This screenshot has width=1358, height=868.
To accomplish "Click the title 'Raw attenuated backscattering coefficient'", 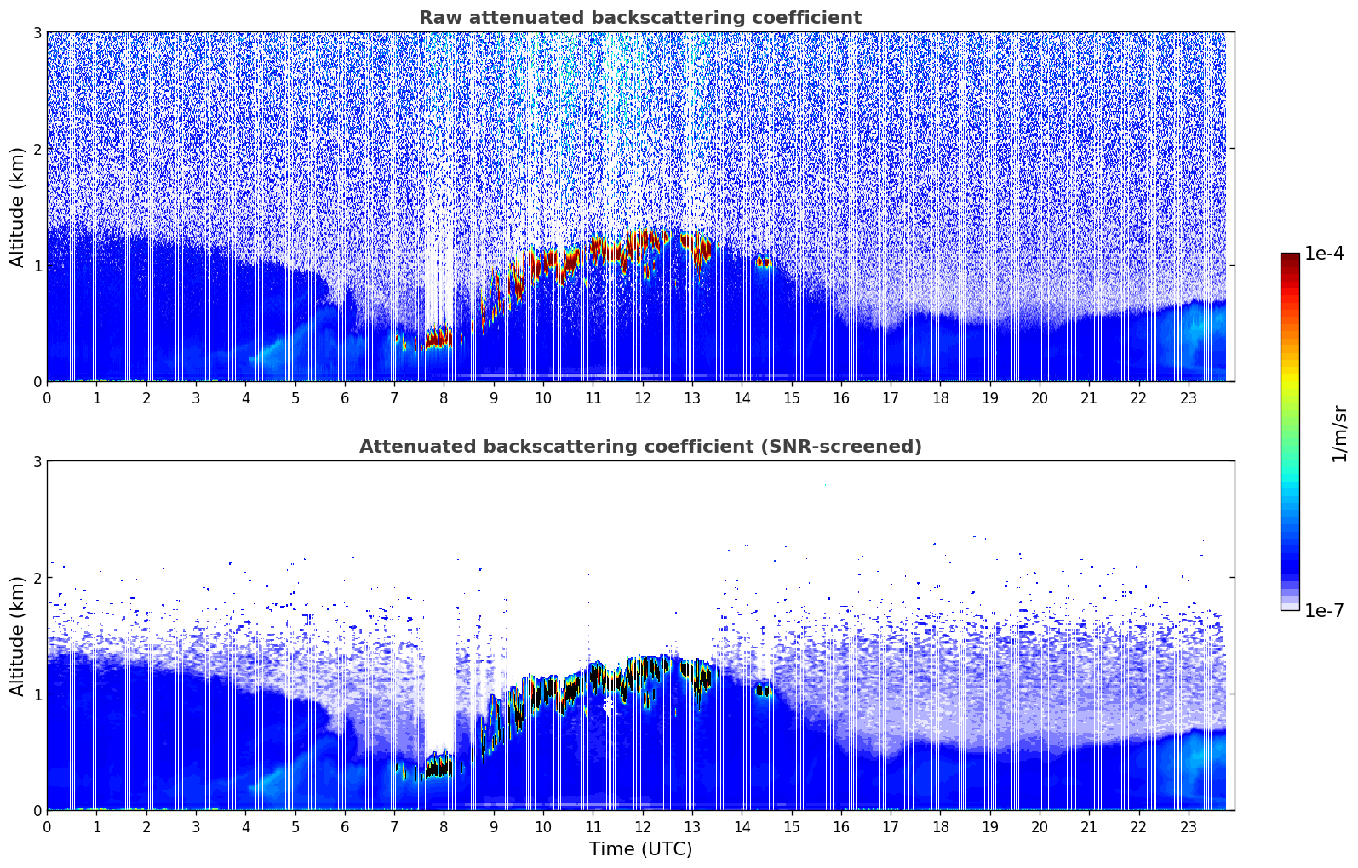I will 639,18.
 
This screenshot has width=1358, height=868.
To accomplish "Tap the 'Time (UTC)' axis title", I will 640,848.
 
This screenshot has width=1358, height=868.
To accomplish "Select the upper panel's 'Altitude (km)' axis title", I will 18,207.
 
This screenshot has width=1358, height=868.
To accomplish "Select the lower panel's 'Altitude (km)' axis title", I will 18,636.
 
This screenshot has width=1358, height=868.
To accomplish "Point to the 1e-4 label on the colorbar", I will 1324,254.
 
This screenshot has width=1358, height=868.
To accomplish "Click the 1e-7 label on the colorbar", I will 1324,610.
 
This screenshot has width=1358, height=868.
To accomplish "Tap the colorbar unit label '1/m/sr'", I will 1339,434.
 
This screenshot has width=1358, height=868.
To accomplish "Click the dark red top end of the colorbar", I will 1289,257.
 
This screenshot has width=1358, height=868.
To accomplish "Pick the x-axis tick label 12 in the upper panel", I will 642,398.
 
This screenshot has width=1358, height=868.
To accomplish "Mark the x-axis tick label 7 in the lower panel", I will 394,827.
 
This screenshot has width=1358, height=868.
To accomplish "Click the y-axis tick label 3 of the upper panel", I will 37,32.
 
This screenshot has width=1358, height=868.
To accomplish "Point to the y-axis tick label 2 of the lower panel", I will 37,578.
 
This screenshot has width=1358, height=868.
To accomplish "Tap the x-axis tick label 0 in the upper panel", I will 47,398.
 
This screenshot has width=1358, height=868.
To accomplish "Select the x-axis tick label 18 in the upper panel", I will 940,398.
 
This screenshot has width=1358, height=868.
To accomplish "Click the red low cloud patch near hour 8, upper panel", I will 438,339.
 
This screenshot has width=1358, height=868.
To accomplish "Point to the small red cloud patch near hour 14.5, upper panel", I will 764,261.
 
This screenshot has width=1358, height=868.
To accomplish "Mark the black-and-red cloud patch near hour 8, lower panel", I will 439,768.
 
